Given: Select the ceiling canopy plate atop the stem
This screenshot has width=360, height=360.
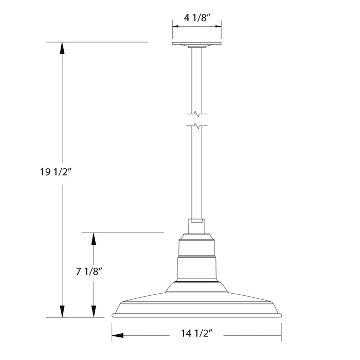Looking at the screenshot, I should click(x=196, y=45).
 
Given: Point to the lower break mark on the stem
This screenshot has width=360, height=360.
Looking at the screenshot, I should click(x=196, y=125).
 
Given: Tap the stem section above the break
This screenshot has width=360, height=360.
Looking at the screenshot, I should click(x=196, y=77).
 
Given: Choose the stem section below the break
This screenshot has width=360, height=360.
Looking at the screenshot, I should click(x=196, y=175).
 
